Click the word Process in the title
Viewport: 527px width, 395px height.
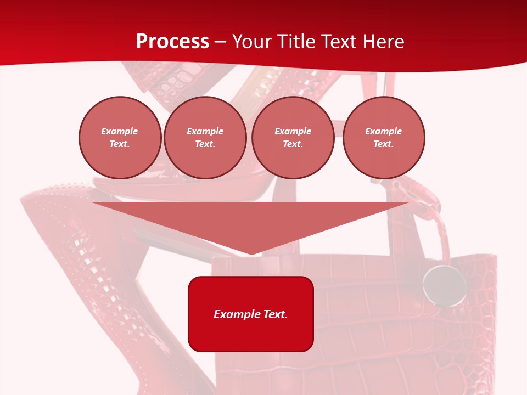coord(172,41)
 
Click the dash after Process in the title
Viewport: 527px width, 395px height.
coord(221,42)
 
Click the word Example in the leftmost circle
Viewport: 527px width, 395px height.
coord(120,131)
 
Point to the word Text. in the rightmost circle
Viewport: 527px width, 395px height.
coord(384,144)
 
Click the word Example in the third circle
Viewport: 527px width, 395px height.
coord(293,131)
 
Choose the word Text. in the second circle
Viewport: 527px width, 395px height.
coord(205,144)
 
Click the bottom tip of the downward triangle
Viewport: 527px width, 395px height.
coord(251,253)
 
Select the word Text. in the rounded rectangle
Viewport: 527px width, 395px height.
coord(276,314)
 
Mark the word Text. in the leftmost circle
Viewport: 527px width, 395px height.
coord(120,144)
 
